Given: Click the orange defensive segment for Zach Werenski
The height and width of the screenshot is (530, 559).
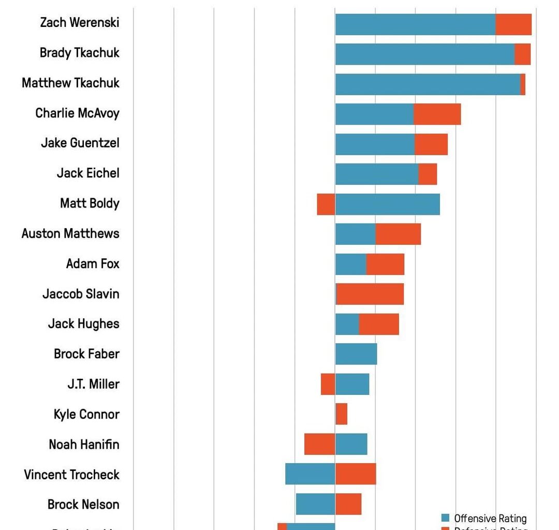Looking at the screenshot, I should pos(513,24).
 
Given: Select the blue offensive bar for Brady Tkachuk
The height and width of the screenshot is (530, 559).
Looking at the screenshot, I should pos(424,54).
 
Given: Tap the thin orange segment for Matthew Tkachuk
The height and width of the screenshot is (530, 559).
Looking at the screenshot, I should pos(523,84).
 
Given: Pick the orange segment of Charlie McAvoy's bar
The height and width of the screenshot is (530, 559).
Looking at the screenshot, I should pos(437,114).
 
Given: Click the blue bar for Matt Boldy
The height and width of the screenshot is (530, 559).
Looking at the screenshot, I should pos(388,204).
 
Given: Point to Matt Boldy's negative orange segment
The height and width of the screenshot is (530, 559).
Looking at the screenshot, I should pos(326,204).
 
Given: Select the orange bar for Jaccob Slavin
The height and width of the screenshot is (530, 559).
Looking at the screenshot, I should pos(370,294).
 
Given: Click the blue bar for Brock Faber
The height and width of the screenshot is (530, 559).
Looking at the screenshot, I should pos(356,354).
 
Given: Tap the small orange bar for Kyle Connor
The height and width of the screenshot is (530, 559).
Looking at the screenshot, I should pos(341,414).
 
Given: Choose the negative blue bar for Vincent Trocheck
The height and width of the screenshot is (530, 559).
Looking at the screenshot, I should pos(310,474).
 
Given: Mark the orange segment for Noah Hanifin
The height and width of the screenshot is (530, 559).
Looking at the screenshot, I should pos(319,444).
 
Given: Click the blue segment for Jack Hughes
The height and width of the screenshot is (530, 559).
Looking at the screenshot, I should pos(347,324).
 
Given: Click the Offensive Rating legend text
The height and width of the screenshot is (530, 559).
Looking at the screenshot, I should pos(490,518).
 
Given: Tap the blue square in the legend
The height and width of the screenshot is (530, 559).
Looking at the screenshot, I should pos(446,518).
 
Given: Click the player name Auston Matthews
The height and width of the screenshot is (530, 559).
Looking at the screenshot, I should pos(70,233).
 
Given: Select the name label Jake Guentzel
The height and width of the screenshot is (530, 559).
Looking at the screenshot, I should pos(80,143).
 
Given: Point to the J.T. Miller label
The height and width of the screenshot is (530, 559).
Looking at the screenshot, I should pos(93,384).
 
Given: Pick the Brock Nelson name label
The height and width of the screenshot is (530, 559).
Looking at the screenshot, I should pos(83,504).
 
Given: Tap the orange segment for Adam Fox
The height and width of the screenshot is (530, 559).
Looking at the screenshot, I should pos(385,264).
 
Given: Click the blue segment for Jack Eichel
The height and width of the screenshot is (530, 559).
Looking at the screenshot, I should pos(376,174).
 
